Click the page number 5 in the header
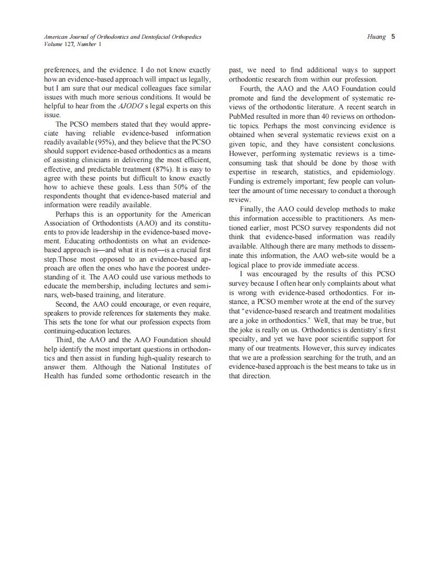click(393, 37)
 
